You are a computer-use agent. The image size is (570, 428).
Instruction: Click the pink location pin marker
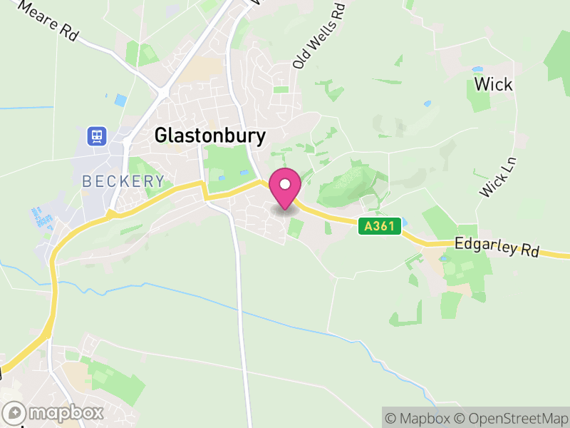click(x=285, y=189)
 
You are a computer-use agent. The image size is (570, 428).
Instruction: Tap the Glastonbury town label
click(x=209, y=136)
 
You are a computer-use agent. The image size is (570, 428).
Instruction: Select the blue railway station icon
click(x=95, y=136)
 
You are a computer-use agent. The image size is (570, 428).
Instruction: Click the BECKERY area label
click(x=123, y=181)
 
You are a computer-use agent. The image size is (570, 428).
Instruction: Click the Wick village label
click(x=493, y=84)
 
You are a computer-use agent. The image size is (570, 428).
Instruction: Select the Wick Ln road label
click(x=497, y=177)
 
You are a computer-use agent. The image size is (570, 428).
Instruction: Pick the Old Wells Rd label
click(x=319, y=36)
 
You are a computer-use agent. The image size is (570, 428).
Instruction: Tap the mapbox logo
click(x=54, y=412)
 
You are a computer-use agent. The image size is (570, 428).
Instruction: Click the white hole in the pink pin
click(x=285, y=184)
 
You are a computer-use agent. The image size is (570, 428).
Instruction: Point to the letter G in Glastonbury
click(x=161, y=136)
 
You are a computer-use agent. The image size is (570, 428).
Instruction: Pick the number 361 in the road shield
click(x=383, y=225)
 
